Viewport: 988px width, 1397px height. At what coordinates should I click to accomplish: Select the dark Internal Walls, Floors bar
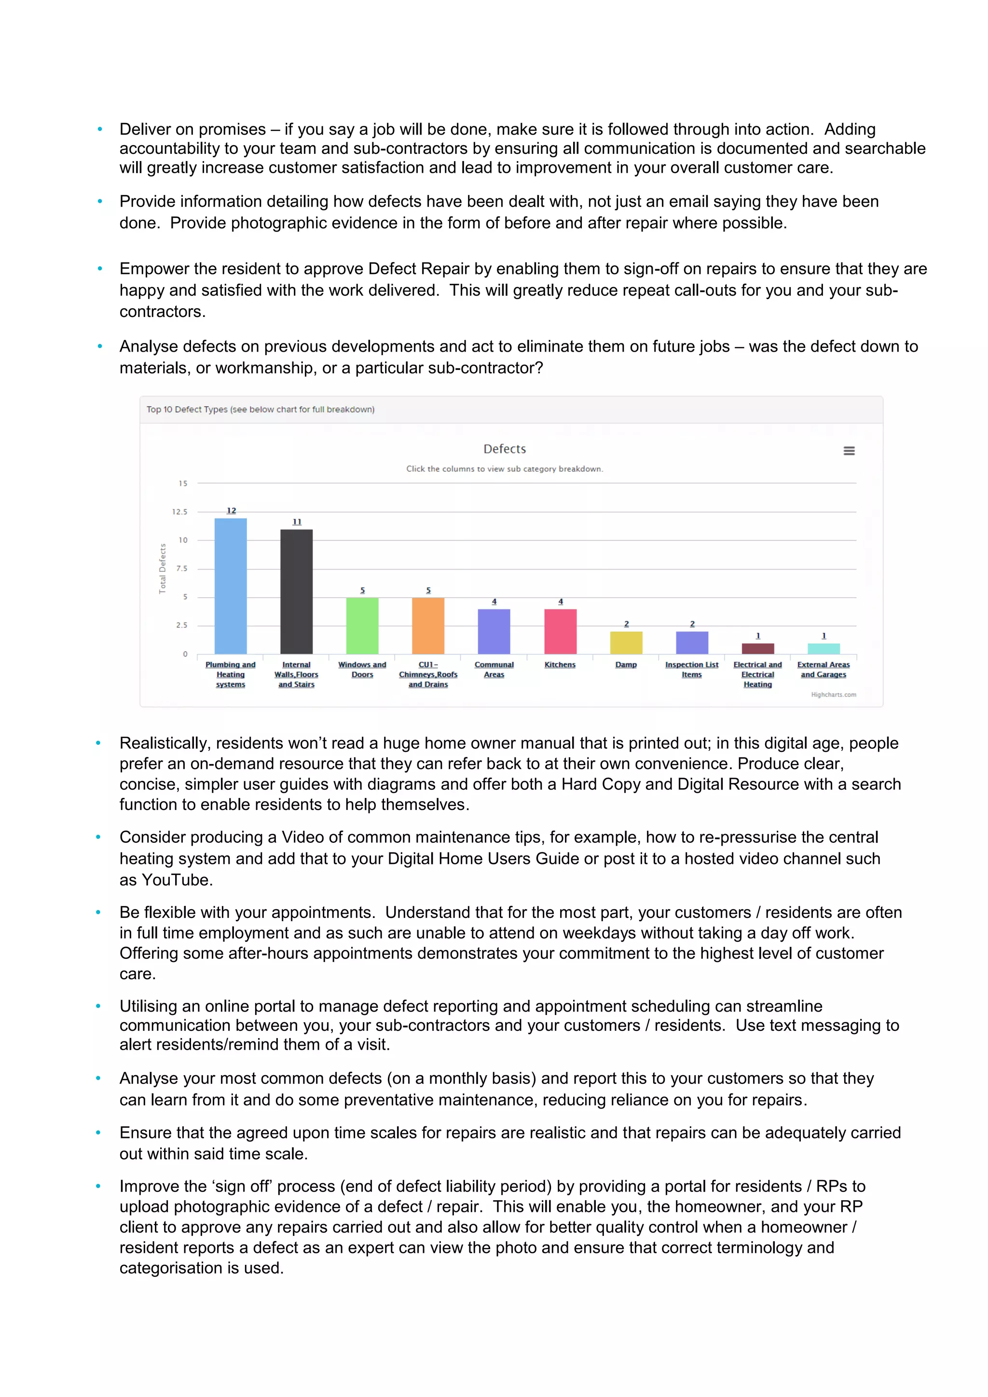tap(296, 591)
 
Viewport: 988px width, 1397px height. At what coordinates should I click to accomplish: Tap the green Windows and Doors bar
tap(362, 626)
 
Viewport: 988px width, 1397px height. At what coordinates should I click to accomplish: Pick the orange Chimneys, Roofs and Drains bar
tap(428, 626)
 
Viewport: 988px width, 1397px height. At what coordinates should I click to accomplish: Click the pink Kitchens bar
tap(560, 631)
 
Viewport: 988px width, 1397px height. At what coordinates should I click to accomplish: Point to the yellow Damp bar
tap(626, 643)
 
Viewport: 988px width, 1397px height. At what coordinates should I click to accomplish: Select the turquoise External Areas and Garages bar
tap(824, 649)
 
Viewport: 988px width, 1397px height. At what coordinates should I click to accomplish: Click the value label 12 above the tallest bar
tap(231, 510)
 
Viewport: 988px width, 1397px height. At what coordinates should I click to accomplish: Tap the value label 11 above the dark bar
tap(297, 522)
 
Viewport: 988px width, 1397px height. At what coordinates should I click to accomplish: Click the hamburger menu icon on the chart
tap(849, 451)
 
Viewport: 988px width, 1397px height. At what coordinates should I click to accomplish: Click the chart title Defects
tap(504, 449)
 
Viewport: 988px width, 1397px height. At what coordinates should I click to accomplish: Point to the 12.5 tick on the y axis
tap(179, 512)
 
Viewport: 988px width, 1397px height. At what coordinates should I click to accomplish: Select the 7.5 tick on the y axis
tap(182, 568)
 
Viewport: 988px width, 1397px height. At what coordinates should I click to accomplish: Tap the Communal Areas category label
tap(494, 669)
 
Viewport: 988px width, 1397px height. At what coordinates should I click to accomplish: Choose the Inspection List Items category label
tap(692, 669)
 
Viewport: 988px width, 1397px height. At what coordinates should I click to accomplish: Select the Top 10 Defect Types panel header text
tap(261, 410)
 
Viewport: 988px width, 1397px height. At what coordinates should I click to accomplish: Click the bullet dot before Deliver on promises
tap(100, 129)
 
